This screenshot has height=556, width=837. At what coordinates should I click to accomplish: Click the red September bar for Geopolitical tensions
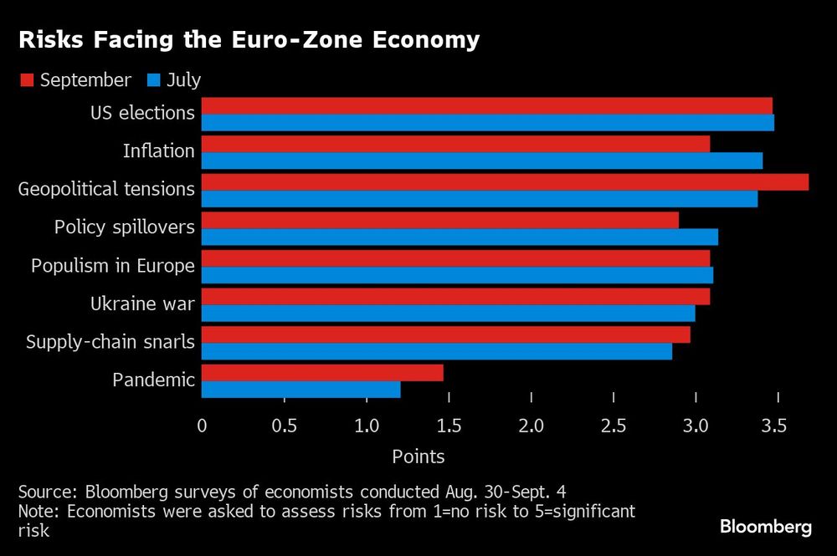point(505,182)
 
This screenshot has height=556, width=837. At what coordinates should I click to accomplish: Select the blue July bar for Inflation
point(482,161)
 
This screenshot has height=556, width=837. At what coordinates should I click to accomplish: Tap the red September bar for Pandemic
point(322,373)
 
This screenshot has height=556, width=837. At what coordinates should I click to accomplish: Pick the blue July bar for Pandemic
point(301,390)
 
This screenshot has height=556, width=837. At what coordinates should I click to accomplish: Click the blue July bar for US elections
point(488,123)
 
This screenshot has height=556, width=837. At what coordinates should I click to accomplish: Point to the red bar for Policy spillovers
point(439,220)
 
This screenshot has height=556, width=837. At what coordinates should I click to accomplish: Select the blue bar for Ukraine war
point(448,314)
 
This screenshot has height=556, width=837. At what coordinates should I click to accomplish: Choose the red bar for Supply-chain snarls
point(445,334)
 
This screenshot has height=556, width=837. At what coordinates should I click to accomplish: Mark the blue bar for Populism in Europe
point(457,275)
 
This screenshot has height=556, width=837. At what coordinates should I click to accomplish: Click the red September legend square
point(26,80)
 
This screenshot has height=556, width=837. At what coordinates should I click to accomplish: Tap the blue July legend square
point(153,80)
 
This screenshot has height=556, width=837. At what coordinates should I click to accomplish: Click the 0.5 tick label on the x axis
point(284,426)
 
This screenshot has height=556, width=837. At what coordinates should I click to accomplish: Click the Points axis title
point(418,457)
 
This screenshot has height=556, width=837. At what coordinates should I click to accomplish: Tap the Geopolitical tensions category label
point(106,189)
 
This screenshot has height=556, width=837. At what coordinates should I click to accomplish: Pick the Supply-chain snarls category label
point(110,341)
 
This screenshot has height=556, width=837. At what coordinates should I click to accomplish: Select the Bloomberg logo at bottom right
point(766,527)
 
